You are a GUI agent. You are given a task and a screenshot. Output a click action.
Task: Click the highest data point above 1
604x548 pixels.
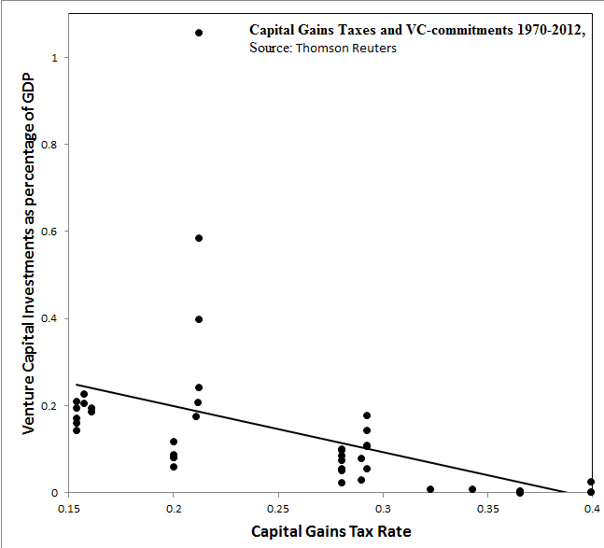click(x=199, y=33)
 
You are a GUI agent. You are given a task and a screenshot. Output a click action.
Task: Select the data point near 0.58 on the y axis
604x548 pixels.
click(x=199, y=238)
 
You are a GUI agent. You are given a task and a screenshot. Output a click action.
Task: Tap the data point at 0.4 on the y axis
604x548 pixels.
click(x=199, y=319)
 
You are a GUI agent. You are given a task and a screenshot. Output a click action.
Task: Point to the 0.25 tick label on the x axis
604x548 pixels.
click(x=277, y=509)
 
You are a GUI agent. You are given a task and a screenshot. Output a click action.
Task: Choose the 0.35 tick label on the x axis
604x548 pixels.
click(x=486, y=509)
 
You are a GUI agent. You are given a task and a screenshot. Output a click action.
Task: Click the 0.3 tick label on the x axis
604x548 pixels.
click(x=382, y=509)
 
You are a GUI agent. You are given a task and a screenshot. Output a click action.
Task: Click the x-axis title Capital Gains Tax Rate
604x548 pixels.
click(x=330, y=531)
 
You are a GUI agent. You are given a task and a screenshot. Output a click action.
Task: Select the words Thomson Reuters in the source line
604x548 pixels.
click(x=345, y=48)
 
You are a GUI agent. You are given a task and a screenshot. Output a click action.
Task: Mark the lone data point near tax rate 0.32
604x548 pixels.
click(x=430, y=489)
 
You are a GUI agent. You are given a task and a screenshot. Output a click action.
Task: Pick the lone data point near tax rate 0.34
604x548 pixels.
click(x=472, y=489)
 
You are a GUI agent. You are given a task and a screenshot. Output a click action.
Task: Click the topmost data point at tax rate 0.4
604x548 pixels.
click(x=591, y=482)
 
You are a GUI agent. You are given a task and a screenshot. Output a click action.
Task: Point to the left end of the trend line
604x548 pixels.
click(x=77, y=384)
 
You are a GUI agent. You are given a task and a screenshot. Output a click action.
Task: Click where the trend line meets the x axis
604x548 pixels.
click(x=567, y=492)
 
